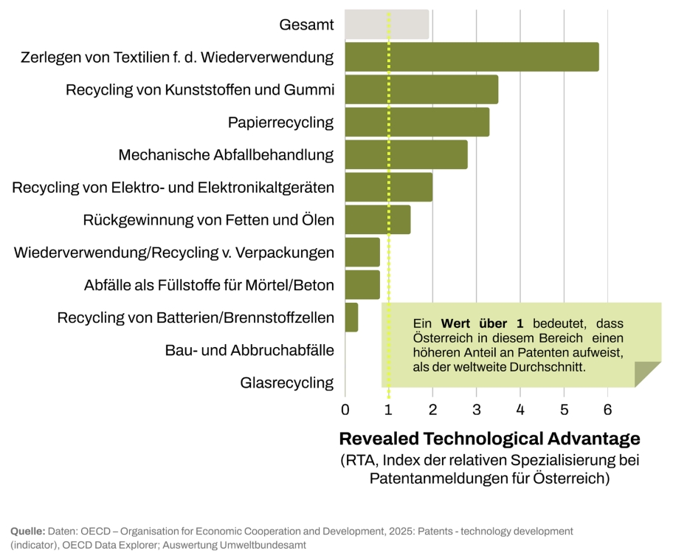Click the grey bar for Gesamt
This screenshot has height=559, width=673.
387,25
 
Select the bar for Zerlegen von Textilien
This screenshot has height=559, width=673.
472,58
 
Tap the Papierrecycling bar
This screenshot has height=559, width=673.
417,123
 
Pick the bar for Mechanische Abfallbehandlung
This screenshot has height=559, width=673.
406,155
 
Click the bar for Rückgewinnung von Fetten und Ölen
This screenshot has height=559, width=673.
377,220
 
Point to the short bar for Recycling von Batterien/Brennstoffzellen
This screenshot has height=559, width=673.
351,318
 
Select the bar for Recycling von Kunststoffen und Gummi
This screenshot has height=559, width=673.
421,90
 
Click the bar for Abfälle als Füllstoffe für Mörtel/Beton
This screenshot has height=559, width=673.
362,285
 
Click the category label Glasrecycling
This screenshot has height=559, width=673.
287,383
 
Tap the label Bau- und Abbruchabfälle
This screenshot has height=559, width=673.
249,350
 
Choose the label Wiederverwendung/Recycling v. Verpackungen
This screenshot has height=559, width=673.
174,253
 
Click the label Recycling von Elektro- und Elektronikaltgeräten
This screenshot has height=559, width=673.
173,188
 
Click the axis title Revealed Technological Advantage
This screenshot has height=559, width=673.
489,439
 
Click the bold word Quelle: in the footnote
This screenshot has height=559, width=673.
28,532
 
